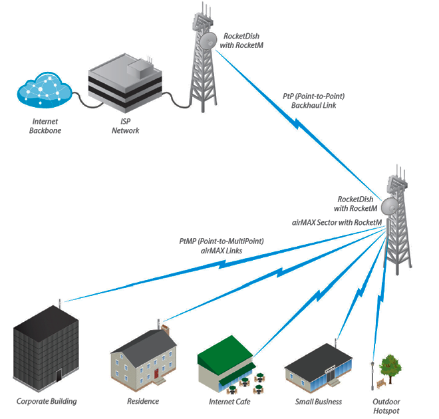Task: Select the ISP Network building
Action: [126, 85]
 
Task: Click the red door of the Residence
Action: [157, 374]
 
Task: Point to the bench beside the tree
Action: [380, 384]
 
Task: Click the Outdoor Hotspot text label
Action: [387, 406]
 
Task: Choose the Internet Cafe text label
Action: [229, 402]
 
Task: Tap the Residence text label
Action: [143, 402]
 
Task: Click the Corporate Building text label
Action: [47, 402]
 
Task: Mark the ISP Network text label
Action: [126, 126]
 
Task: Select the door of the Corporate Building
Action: [59, 376]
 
